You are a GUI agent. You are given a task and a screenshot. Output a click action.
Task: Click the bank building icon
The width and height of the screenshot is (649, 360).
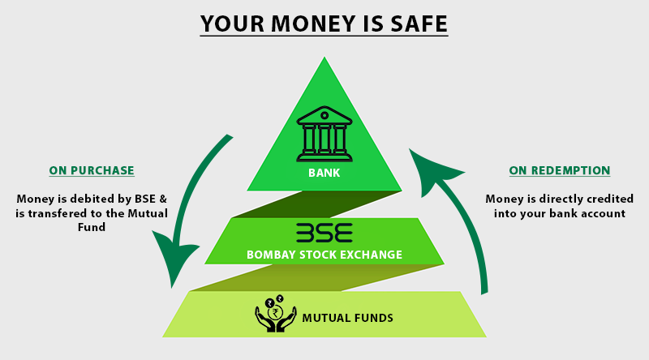[x=324, y=134]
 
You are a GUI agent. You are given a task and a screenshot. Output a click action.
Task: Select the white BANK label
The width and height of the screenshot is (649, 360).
[x=324, y=173]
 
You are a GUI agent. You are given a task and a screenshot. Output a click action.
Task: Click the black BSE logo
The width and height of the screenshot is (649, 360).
[x=324, y=233]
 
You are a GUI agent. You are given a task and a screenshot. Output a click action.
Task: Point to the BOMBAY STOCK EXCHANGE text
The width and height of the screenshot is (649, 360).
[x=324, y=255]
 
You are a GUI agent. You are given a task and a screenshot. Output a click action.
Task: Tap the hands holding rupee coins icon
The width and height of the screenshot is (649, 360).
[x=276, y=313]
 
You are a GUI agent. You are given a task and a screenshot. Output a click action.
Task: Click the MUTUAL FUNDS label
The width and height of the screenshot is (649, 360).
[x=348, y=318]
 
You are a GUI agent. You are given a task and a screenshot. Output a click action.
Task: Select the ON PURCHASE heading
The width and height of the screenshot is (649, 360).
[x=92, y=170]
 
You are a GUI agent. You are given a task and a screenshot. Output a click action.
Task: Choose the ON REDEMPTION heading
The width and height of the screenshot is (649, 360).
[x=560, y=170]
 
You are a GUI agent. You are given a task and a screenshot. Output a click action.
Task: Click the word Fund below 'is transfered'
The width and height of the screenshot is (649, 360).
[x=92, y=227]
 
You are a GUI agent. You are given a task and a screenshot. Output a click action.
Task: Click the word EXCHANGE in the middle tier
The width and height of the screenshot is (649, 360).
[x=374, y=255]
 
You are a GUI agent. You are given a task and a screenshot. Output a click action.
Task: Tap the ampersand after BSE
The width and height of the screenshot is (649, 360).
[x=163, y=199]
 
